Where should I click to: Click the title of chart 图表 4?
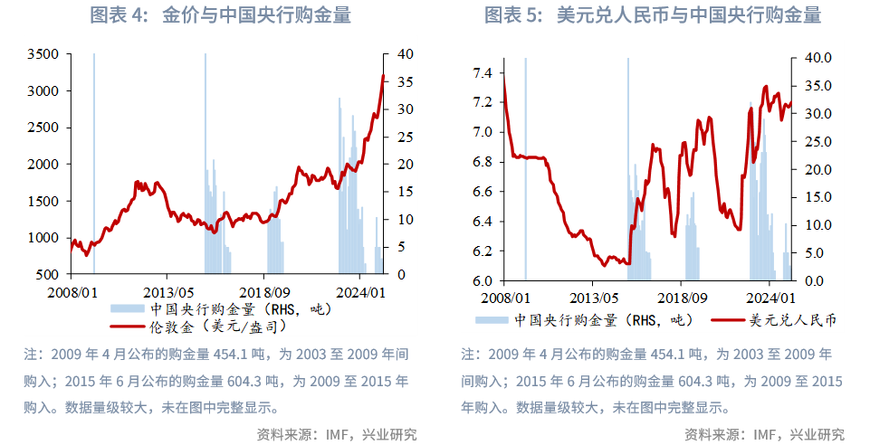[x=220, y=14]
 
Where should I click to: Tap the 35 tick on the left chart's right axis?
[x=405, y=82]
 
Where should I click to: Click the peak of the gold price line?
[x=383, y=76]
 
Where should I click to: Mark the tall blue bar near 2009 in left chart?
[x=94, y=163]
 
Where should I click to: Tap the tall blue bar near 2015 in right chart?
[x=627, y=163]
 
